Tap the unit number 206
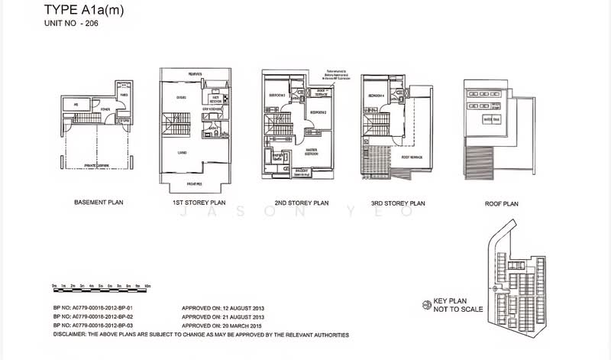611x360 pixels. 87,24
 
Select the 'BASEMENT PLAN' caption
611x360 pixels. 99,203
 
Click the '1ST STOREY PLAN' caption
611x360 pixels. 193,203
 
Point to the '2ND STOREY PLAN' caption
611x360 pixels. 301,203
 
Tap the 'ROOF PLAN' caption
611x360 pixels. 501,203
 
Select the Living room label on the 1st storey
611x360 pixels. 183,152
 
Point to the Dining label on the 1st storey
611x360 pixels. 182,97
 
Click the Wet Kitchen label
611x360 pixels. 215,99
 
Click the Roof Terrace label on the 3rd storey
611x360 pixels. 412,157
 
